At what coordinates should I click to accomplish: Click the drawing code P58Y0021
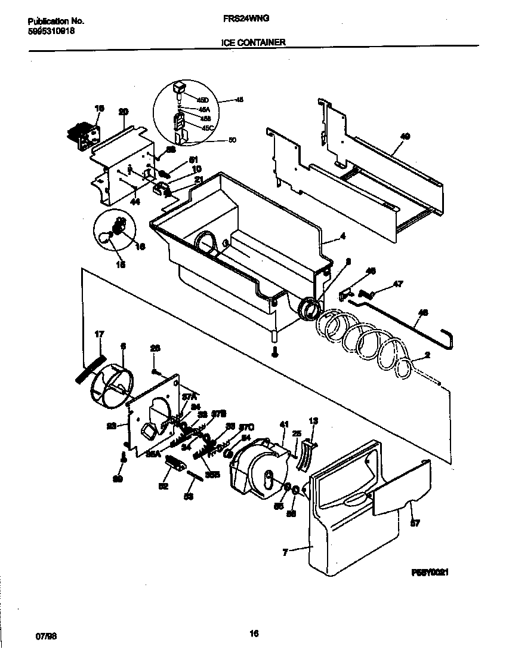click(429, 572)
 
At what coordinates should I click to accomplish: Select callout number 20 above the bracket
click(124, 112)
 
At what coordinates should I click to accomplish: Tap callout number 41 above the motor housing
click(283, 424)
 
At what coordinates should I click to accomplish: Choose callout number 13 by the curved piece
click(314, 422)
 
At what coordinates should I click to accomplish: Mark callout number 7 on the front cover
click(286, 553)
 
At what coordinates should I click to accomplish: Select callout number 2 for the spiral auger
click(427, 355)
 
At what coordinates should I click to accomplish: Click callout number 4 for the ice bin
click(343, 236)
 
